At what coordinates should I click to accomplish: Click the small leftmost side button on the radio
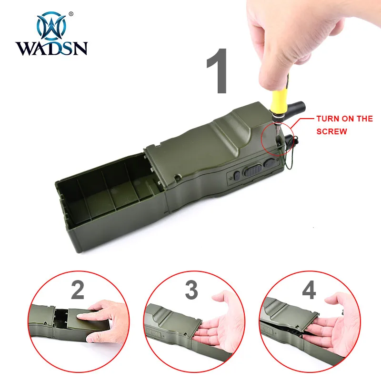237,176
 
